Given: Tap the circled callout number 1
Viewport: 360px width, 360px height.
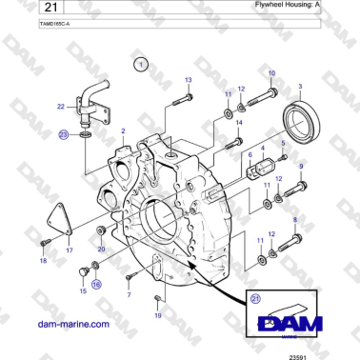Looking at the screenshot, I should pos(140,65).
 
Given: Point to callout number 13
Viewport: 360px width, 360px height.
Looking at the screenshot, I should pos(188,79).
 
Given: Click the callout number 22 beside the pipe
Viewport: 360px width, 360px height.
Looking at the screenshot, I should pos(61,107).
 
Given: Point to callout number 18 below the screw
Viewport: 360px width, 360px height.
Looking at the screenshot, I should pos(42,260).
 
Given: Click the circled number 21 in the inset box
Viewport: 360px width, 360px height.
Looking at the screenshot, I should pos(255,298).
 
